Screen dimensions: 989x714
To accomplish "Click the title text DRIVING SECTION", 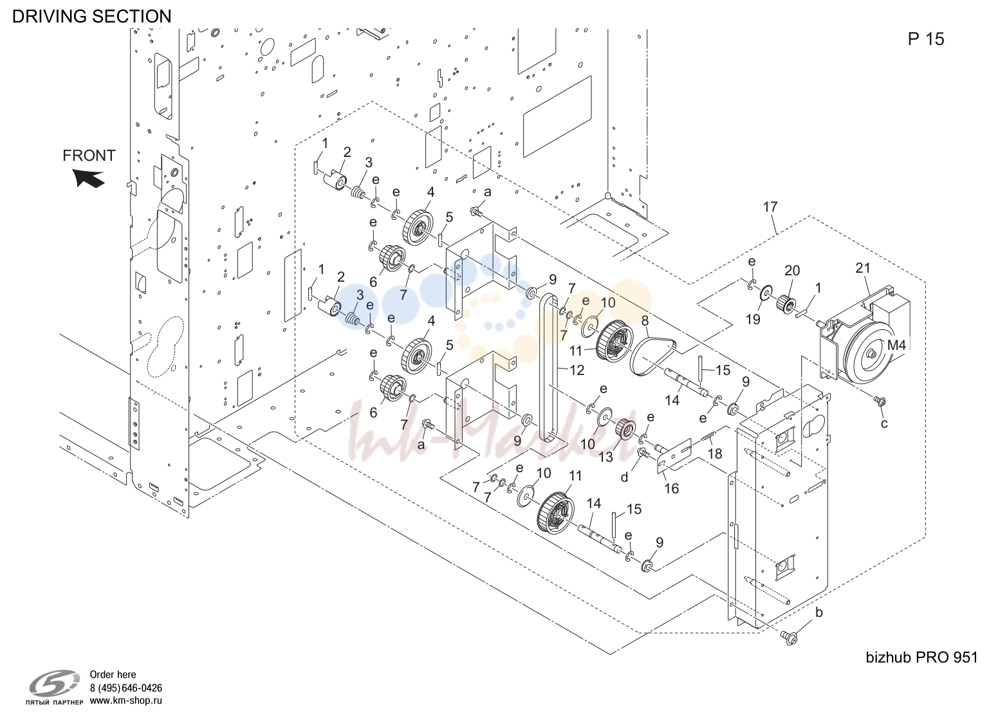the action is coord(91,16).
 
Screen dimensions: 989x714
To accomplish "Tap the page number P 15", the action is coord(926,39).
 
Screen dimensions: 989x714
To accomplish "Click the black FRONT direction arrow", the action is coord(89,179).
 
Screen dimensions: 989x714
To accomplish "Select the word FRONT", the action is coord(89,155).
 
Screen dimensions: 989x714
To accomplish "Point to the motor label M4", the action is coord(896,345).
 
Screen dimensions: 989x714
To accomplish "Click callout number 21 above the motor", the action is coord(863,268).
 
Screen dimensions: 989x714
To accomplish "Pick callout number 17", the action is coord(770,206).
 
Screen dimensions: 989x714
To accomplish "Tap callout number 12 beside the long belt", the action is coord(577,370).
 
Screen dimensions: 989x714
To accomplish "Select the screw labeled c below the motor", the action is coord(880,401).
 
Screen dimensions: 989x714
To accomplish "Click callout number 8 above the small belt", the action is coord(645,321).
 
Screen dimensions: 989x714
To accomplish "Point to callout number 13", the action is coord(605,457).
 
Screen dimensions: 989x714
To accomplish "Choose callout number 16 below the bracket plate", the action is coord(671,488).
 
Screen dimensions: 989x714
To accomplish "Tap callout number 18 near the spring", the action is coord(715,453).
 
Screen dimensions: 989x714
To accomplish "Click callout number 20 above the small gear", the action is coord(792,270).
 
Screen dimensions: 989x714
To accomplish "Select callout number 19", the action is coord(753,318).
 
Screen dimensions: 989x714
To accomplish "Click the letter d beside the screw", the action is coord(624,477).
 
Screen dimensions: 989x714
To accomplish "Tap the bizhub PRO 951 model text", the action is coord(921,657).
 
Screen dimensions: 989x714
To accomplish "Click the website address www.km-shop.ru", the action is coord(126,700).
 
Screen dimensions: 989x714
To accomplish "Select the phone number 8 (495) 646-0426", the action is coord(126,688).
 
